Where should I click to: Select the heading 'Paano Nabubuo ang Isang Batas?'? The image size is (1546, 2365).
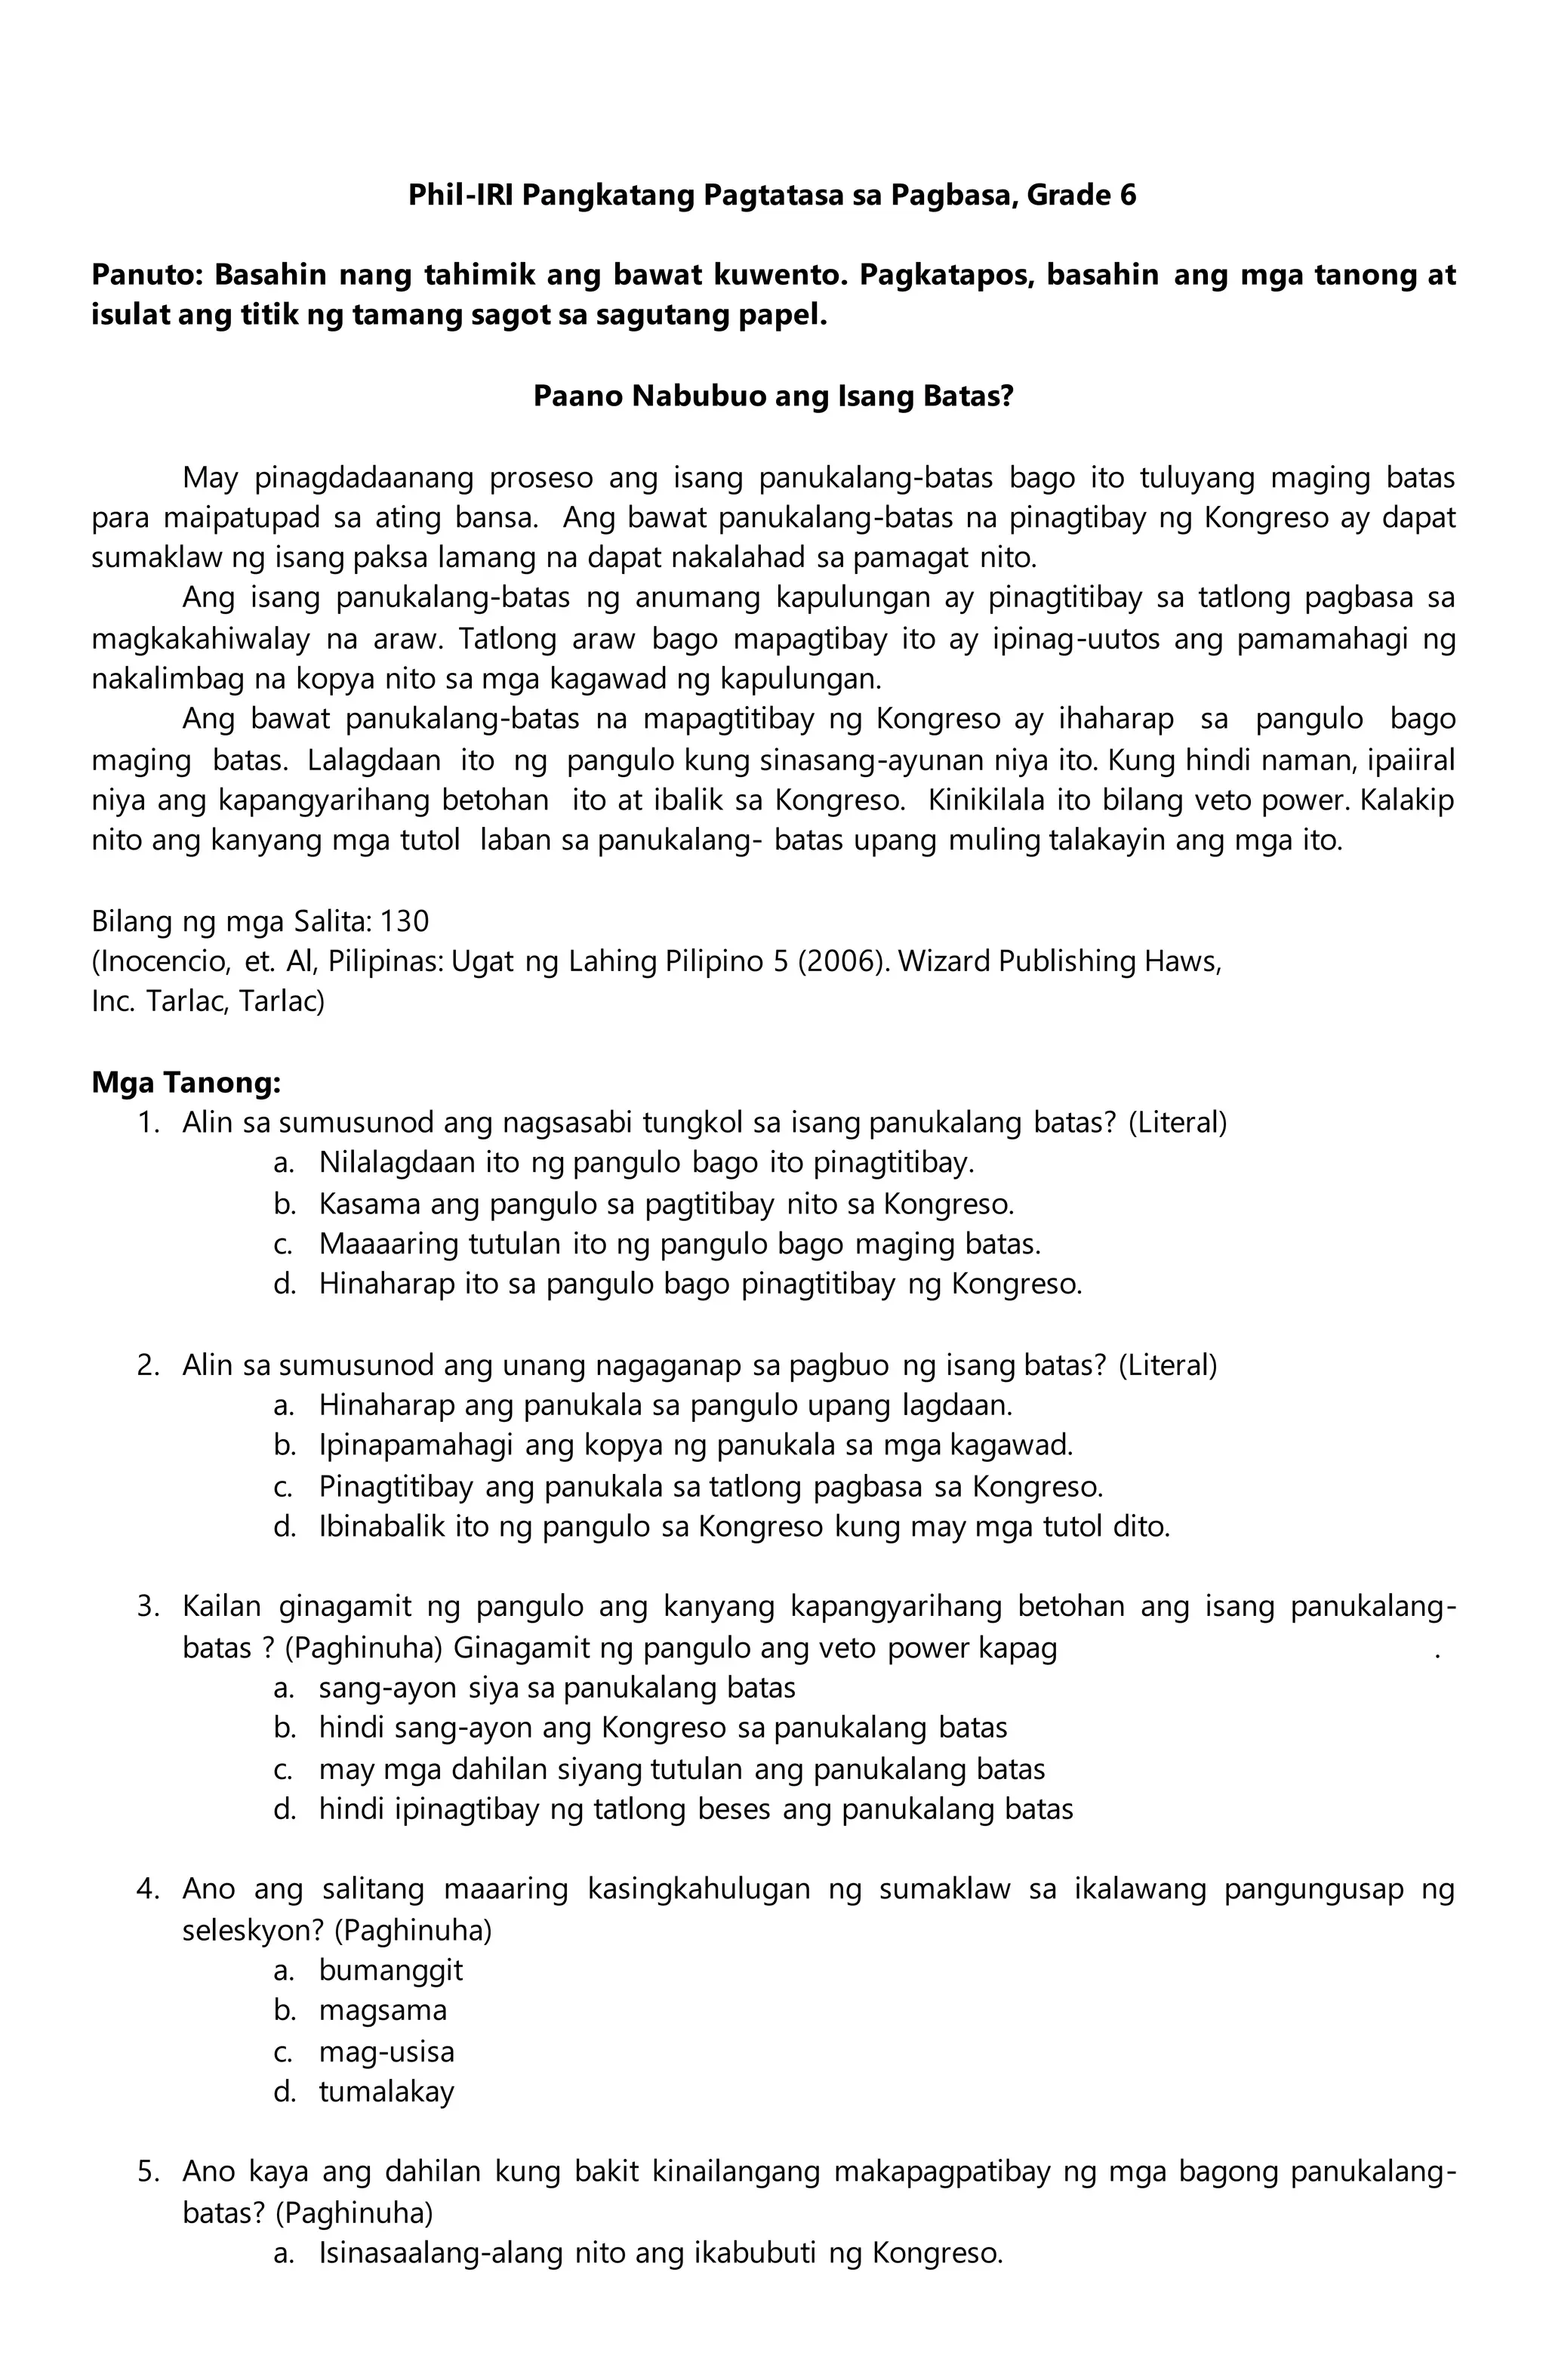coord(772,396)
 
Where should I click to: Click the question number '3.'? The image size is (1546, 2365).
coord(148,1607)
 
